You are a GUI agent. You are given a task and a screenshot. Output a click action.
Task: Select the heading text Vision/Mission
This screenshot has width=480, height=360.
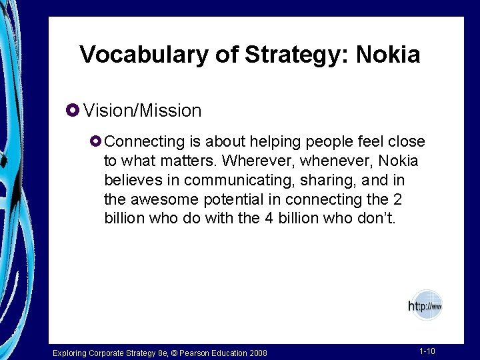coord(142,111)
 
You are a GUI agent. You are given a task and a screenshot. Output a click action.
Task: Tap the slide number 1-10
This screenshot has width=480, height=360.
coord(427,351)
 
